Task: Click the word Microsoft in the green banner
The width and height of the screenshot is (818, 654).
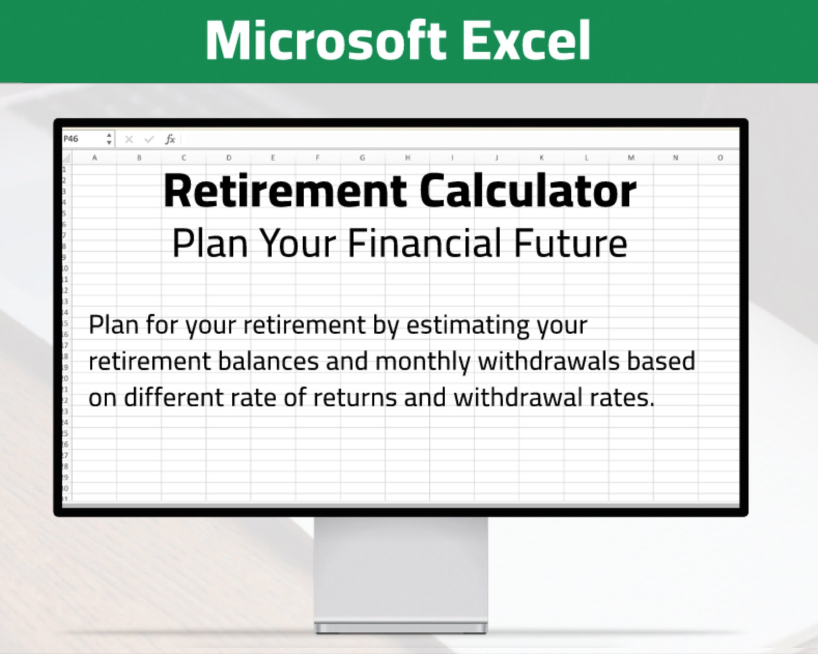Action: (x=326, y=40)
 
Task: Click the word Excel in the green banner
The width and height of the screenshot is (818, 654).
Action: (x=527, y=40)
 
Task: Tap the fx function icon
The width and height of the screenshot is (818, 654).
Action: (x=170, y=139)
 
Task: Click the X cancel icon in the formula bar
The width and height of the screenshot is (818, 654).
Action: (x=129, y=139)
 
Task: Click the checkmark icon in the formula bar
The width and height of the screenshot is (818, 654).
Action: (x=149, y=139)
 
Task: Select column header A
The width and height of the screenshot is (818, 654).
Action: (x=94, y=158)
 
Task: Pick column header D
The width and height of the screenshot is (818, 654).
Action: (x=229, y=158)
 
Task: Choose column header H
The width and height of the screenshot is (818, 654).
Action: (x=407, y=158)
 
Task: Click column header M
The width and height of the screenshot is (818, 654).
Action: (x=631, y=158)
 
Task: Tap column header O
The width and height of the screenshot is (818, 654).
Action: (x=720, y=158)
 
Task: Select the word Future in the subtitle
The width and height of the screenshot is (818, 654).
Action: (x=571, y=243)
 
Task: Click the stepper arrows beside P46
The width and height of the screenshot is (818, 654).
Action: (x=109, y=139)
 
